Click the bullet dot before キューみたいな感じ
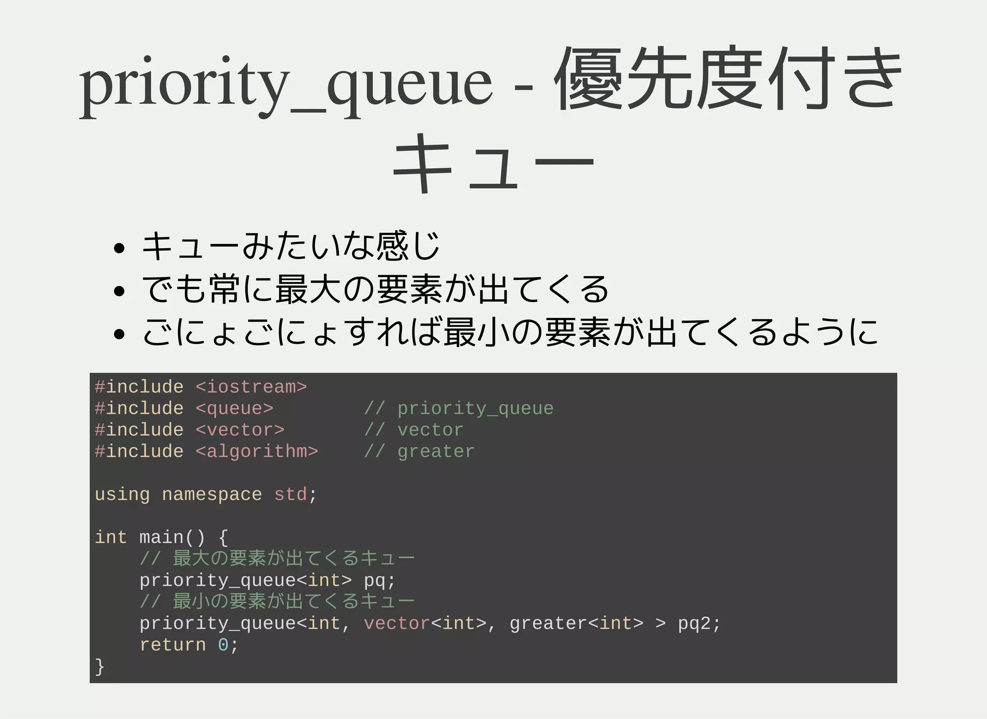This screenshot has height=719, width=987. tap(119, 249)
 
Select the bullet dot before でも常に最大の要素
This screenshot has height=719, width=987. tap(119, 291)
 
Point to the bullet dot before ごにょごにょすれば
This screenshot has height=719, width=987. tap(119, 333)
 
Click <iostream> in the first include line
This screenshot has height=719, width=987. tap(251, 387)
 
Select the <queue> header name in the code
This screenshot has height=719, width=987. tap(234, 409)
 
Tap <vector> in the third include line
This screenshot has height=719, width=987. tap(240, 430)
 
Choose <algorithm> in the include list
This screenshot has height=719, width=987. tap(257, 452)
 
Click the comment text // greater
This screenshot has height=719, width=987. tap(419, 452)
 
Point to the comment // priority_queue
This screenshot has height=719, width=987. tap(459, 409)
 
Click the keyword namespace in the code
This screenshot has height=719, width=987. tap(212, 494)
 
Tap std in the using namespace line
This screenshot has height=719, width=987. tap(290, 494)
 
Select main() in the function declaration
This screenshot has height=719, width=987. tap(172, 537)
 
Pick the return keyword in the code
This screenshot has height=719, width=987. tap(173, 645)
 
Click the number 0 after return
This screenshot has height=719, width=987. tap(223, 645)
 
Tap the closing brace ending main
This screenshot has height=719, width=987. tap(100, 666)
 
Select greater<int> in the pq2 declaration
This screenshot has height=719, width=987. tap(576, 624)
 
